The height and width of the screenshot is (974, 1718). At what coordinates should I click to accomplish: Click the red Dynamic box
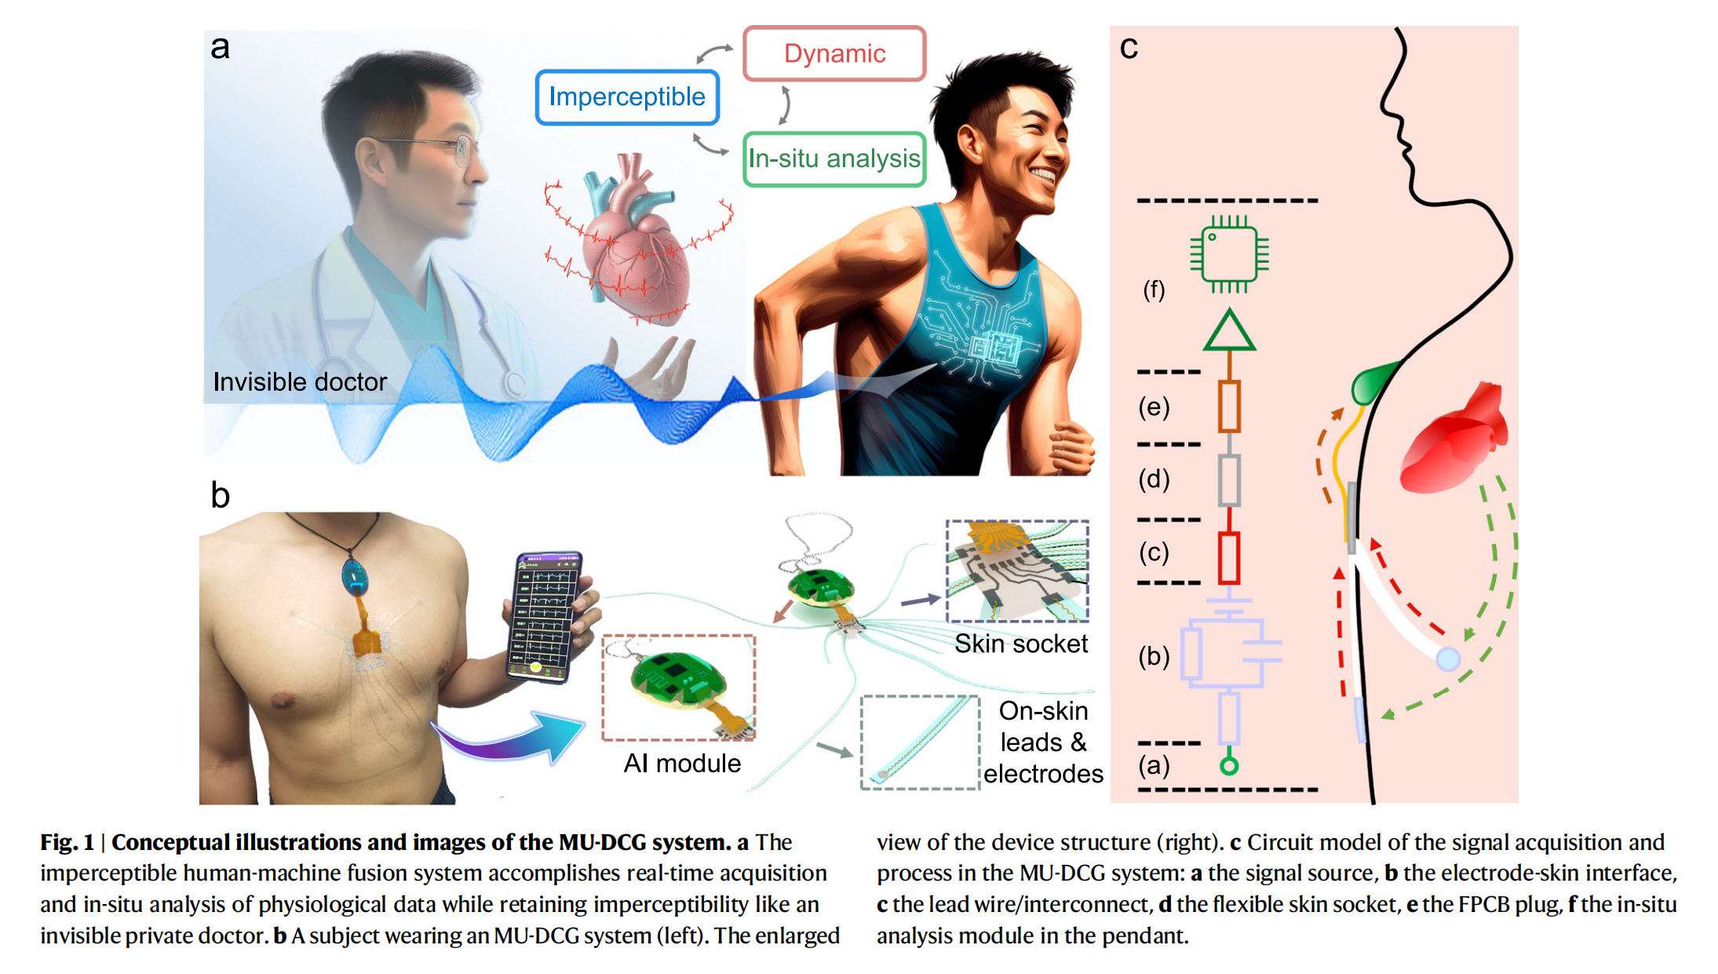tap(834, 53)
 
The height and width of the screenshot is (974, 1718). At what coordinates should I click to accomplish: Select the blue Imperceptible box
tap(626, 97)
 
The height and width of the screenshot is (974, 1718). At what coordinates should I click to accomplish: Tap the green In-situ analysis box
tap(833, 159)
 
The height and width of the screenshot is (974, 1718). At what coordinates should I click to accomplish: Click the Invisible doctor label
tap(300, 382)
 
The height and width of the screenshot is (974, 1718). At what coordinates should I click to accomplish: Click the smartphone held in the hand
tap(546, 616)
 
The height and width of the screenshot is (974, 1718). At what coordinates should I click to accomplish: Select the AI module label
tap(681, 763)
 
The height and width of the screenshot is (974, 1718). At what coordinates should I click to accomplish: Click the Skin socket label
tap(1020, 644)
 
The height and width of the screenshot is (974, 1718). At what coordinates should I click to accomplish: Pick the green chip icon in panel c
tap(1229, 254)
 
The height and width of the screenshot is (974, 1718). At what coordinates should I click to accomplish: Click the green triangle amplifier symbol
tap(1229, 332)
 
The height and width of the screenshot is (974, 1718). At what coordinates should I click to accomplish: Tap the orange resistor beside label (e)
tap(1229, 407)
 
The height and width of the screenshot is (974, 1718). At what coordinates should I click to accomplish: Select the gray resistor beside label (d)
tap(1229, 480)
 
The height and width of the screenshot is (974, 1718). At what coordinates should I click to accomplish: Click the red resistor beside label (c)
tap(1229, 558)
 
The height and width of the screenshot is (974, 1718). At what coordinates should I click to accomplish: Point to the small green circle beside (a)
tap(1229, 766)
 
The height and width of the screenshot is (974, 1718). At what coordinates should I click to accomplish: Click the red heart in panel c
tap(1454, 440)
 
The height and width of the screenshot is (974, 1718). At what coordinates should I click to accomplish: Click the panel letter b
tap(221, 496)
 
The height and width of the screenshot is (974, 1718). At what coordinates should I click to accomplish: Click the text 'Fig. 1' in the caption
tap(67, 843)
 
